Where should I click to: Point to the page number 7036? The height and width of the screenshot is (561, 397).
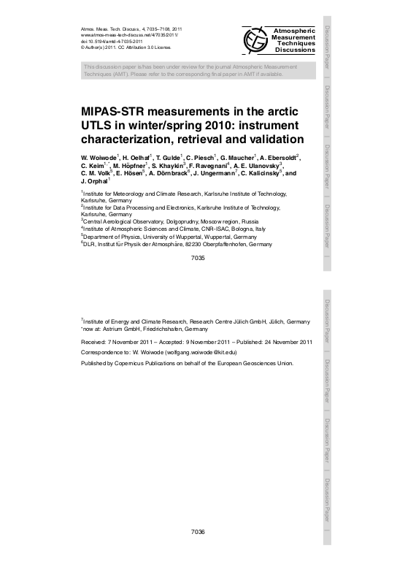tap(197, 532)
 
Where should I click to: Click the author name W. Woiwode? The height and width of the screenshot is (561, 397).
tap(100, 157)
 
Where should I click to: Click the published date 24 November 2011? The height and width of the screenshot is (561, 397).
tap(285, 341)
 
